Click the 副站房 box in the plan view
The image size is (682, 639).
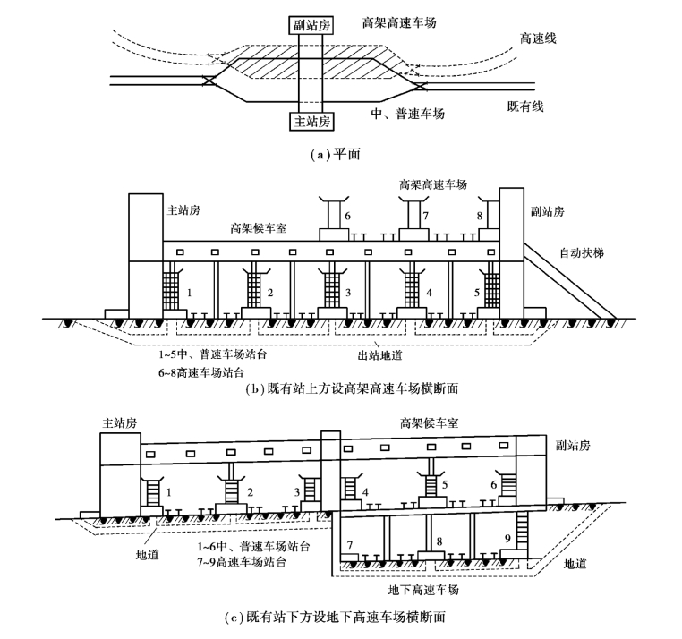click(x=311, y=25)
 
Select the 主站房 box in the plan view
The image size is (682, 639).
click(x=311, y=121)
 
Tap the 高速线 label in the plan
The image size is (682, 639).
click(x=538, y=38)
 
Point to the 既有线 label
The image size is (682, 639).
click(x=525, y=106)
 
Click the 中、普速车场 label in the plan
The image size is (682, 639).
click(x=407, y=114)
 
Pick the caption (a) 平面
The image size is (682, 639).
click(x=336, y=155)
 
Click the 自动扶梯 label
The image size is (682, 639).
click(x=582, y=252)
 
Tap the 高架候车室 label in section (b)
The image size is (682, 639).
click(x=259, y=228)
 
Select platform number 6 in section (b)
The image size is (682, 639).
click(x=347, y=216)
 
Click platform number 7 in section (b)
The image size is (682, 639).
click(x=426, y=216)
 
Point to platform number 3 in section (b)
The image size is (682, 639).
click(x=348, y=293)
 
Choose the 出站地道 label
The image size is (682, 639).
click(x=379, y=355)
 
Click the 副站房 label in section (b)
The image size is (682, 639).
click(x=547, y=211)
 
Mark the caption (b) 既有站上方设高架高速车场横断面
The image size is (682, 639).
click(x=353, y=388)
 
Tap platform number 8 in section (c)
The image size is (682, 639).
click(x=439, y=541)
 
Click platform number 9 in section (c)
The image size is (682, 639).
click(x=507, y=539)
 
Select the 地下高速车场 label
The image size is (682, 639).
click(x=423, y=590)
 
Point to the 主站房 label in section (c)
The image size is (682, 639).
click(x=120, y=422)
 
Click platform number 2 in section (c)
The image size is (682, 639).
click(x=250, y=492)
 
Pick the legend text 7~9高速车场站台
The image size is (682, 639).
click(x=242, y=561)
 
